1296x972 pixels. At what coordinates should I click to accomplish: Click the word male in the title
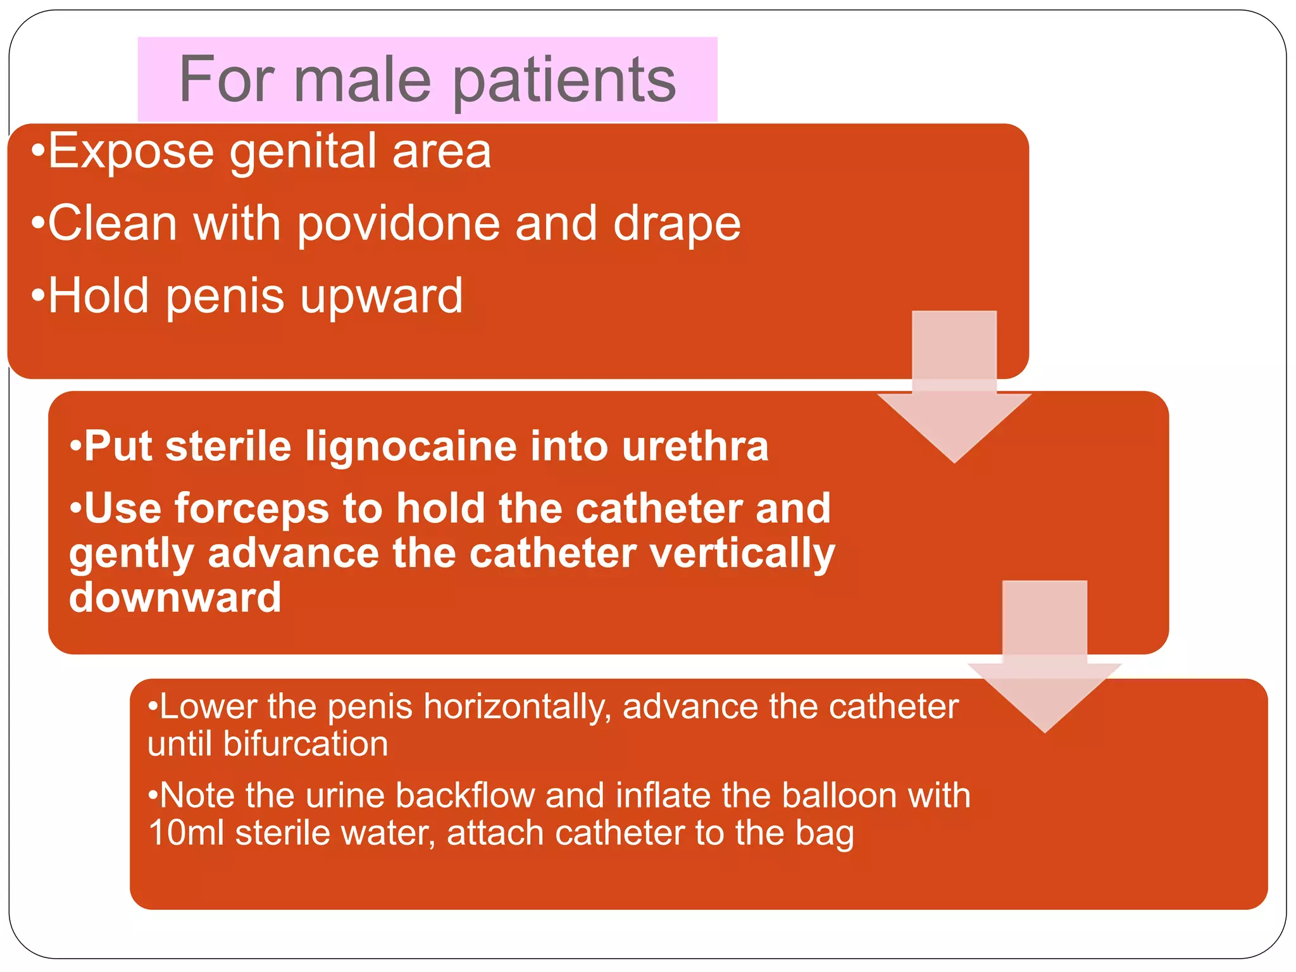click(363, 80)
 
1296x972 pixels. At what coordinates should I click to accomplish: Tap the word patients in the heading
click(564, 81)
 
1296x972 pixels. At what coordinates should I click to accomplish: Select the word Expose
click(131, 152)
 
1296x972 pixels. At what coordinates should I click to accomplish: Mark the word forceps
click(251, 509)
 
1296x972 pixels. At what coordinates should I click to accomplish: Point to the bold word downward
click(175, 597)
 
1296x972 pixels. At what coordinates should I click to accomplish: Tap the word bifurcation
click(305, 744)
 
